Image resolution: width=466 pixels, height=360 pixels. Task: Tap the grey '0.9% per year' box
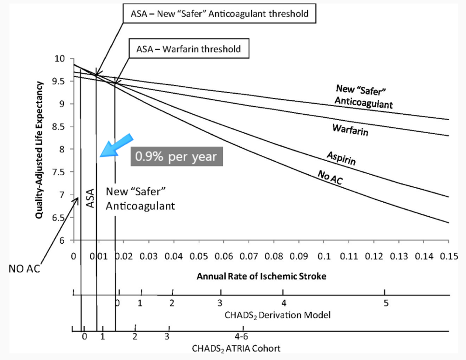(177, 157)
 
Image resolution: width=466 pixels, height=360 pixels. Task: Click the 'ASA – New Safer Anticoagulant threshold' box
(219, 14)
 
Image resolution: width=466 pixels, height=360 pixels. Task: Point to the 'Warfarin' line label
(350, 130)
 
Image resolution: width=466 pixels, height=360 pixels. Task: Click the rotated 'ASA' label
(90, 198)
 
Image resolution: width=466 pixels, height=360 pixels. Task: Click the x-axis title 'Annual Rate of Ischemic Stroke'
(261, 277)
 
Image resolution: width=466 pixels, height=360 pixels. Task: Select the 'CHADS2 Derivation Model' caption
(277, 315)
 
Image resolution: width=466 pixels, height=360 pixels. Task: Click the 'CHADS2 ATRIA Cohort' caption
(236, 348)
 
